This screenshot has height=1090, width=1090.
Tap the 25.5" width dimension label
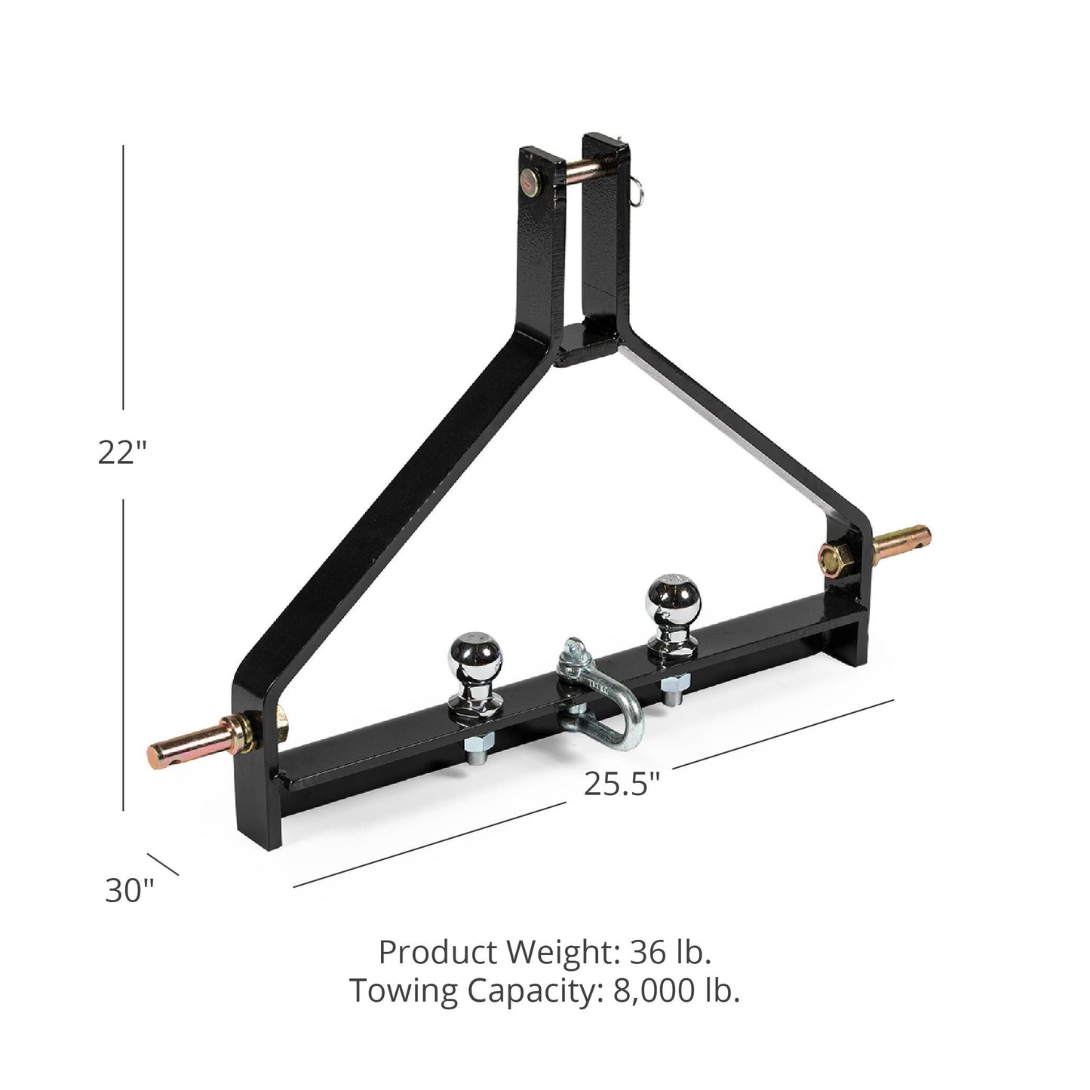click(x=622, y=784)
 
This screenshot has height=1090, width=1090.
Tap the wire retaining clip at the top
click(x=635, y=192)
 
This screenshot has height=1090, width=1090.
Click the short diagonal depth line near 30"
click(x=163, y=864)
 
